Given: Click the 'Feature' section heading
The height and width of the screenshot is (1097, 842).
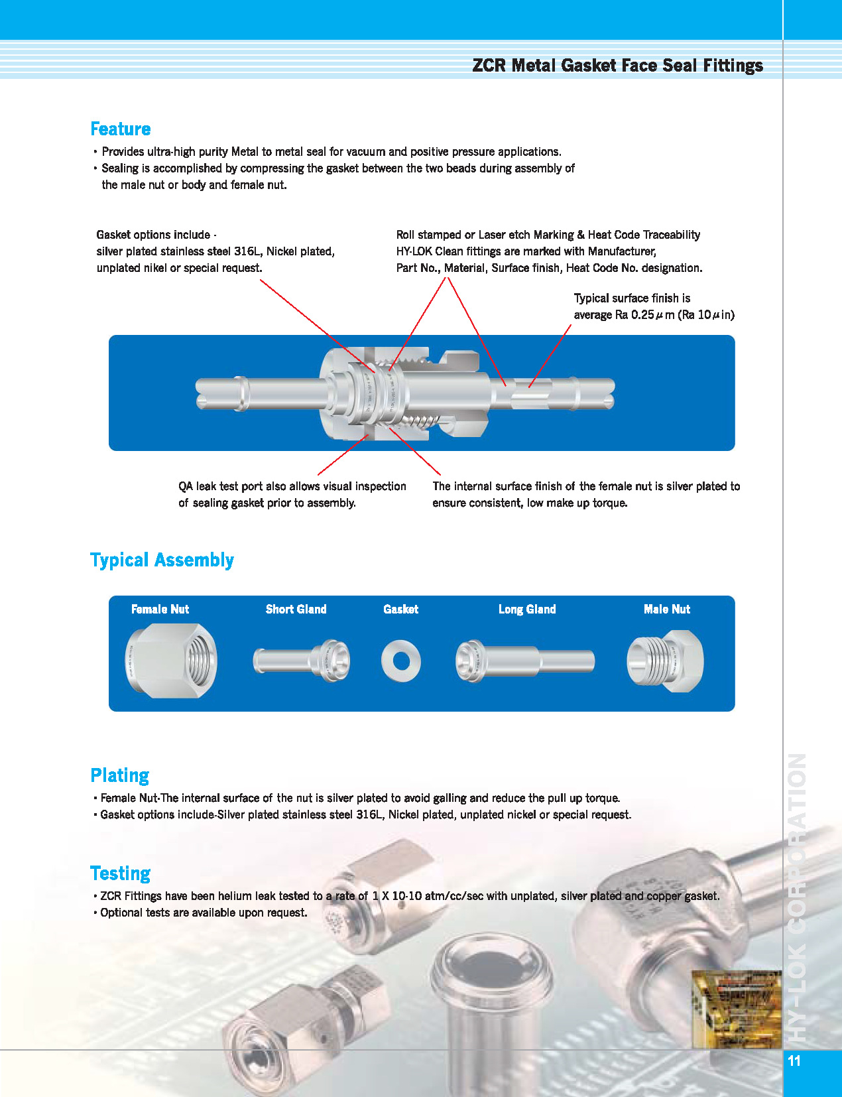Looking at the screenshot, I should click(121, 129).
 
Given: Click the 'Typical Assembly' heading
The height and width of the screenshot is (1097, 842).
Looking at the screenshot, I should click(162, 560).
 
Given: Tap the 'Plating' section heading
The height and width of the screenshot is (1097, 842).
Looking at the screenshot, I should click(119, 775).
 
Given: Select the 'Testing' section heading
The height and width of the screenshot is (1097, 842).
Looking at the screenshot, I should click(120, 873).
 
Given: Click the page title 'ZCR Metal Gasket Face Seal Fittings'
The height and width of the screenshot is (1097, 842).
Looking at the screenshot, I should click(617, 66).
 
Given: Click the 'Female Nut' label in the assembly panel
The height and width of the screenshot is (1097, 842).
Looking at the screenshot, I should click(160, 610).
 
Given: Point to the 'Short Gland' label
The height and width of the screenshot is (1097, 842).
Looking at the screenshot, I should click(296, 610).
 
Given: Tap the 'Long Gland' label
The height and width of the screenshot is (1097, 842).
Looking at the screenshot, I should click(527, 610).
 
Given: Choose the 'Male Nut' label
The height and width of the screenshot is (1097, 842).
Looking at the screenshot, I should click(666, 610).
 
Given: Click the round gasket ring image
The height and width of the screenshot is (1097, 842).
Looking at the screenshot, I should click(400, 661).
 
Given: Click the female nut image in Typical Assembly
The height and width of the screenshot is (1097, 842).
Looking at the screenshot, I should click(170, 661).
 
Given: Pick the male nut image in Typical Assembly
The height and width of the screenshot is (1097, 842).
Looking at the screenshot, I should click(665, 661).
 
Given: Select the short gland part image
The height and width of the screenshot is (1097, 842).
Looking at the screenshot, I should click(302, 661).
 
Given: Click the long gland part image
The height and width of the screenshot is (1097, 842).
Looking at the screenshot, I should click(524, 661).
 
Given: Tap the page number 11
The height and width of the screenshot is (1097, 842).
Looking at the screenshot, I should click(794, 1061).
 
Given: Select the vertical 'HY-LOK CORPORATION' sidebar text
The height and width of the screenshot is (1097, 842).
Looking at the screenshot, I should click(797, 895).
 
